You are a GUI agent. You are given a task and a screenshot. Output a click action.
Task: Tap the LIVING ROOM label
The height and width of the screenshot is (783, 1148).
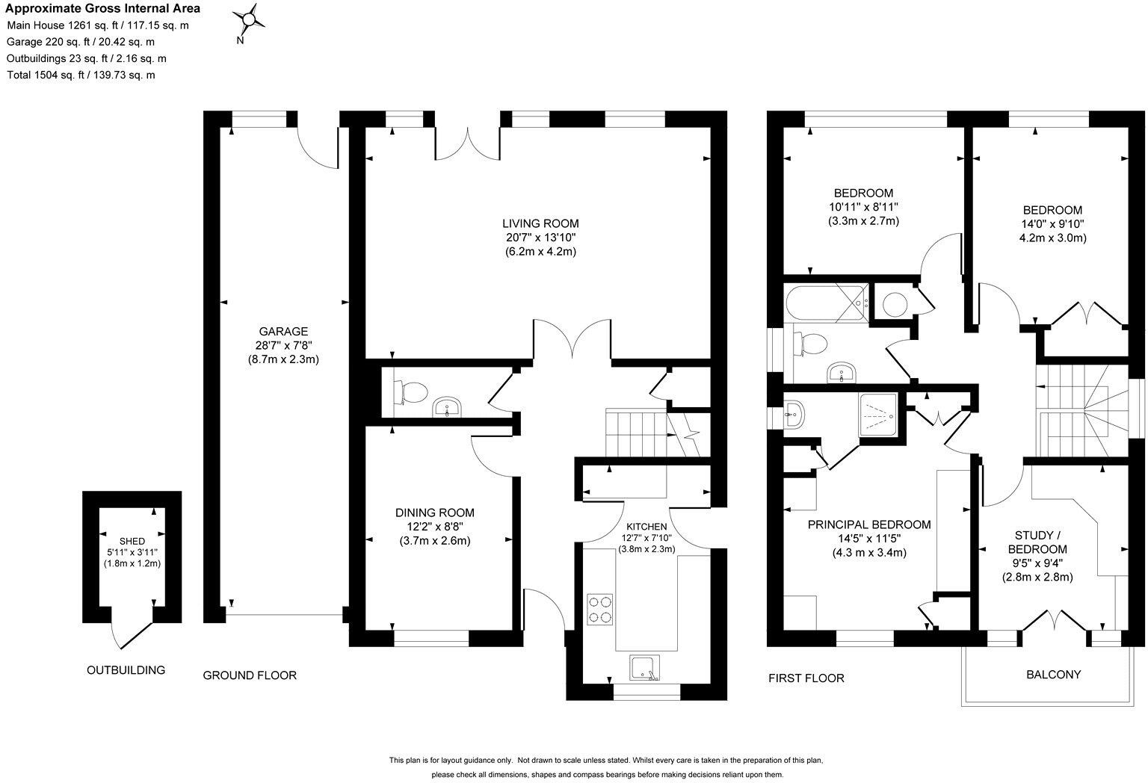click(540, 223)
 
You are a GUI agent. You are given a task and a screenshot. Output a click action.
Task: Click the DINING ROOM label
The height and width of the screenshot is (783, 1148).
click(434, 513)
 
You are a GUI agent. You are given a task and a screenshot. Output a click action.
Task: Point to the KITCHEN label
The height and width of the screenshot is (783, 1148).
click(646, 526)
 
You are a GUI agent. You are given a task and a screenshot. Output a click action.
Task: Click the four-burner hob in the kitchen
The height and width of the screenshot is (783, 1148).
click(600, 608)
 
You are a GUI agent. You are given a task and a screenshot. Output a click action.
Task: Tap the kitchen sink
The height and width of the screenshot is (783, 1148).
click(644, 669)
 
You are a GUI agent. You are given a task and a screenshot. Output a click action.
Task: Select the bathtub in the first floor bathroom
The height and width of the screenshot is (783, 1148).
click(827, 302)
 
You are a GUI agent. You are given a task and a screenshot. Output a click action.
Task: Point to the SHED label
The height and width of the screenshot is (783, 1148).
click(132, 540)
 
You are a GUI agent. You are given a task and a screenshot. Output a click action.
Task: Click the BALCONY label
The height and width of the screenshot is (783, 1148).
click(1053, 675)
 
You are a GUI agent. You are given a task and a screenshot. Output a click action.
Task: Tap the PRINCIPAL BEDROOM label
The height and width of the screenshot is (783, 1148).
click(868, 524)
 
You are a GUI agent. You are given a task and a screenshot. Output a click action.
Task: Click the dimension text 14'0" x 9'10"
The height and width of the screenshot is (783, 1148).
click(1052, 223)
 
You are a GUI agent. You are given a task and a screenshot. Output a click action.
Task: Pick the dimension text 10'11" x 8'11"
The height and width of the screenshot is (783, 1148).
click(863, 207)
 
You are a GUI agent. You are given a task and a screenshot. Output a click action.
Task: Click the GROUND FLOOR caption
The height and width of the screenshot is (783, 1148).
click(250, 675)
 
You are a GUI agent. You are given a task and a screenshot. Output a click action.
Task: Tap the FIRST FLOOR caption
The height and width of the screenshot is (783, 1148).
click(806, 678)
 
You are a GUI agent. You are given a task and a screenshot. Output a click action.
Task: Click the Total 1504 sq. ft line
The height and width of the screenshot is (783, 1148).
click(81, 75)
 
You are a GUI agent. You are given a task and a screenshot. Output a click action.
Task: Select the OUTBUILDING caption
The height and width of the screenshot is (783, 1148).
click(126, 670)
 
